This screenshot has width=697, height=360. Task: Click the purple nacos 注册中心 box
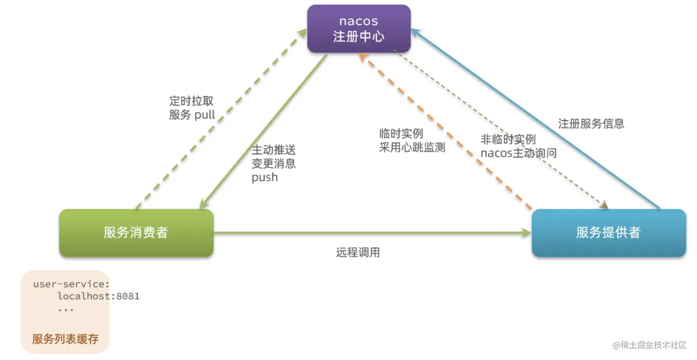tap(358, 29)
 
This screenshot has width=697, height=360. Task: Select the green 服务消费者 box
tap(136, 233)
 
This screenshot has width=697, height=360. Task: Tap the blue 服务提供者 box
tap(608, 233)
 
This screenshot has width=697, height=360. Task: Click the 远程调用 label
tap(358, 253)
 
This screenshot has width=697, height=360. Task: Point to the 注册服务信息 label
tap(591, 124)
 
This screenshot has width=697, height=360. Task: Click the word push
tap(265, 177)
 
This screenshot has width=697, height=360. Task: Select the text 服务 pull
tap(192, 115)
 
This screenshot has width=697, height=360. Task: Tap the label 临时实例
tap(401, 134)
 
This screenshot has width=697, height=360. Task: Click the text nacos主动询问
tap(518, 153)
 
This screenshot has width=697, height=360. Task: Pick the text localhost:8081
tap(98, 296)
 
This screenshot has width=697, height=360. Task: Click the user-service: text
tap(71, 284)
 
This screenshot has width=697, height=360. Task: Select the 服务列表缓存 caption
tap(65, 339)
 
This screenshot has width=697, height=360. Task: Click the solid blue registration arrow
tap(535, 120)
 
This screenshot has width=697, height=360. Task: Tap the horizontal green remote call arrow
tap(369, 233)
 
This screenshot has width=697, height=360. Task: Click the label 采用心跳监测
tap(412, 148)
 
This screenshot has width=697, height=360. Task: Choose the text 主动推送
tap(273, 150)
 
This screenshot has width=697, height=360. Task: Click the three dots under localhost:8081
tap(66, 309)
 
